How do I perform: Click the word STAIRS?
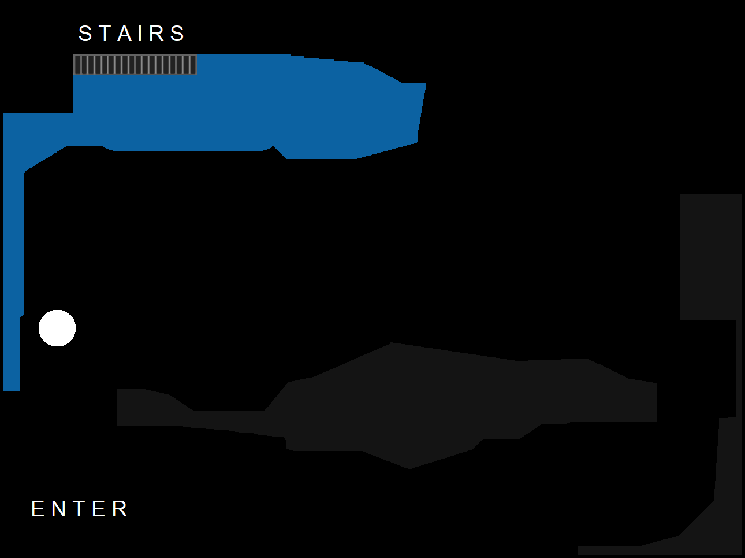click(x=132, y=34)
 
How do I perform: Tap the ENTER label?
click(x=80, y=509)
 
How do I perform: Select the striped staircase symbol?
click(x=135, y=65)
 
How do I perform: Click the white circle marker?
click(x=57, y=328)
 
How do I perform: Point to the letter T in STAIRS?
click(x=105, y=34)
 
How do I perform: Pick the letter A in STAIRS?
click(x=125, y=34)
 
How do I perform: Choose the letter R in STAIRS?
click(x=157, y=34)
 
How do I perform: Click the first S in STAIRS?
click(x=85, y=34)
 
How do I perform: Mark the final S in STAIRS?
click(x=177, y=34)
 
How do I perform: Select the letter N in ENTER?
click(x=59, y=509)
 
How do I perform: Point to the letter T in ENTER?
click(x=80, y=509)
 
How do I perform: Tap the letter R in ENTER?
click(x=120, y=509)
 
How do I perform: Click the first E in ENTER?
click(x=38, y=509)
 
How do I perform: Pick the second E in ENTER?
click(x=99, y=509)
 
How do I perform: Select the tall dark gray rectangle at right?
click(x=710, y=257)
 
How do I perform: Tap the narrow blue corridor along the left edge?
click(x=13, y=272)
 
